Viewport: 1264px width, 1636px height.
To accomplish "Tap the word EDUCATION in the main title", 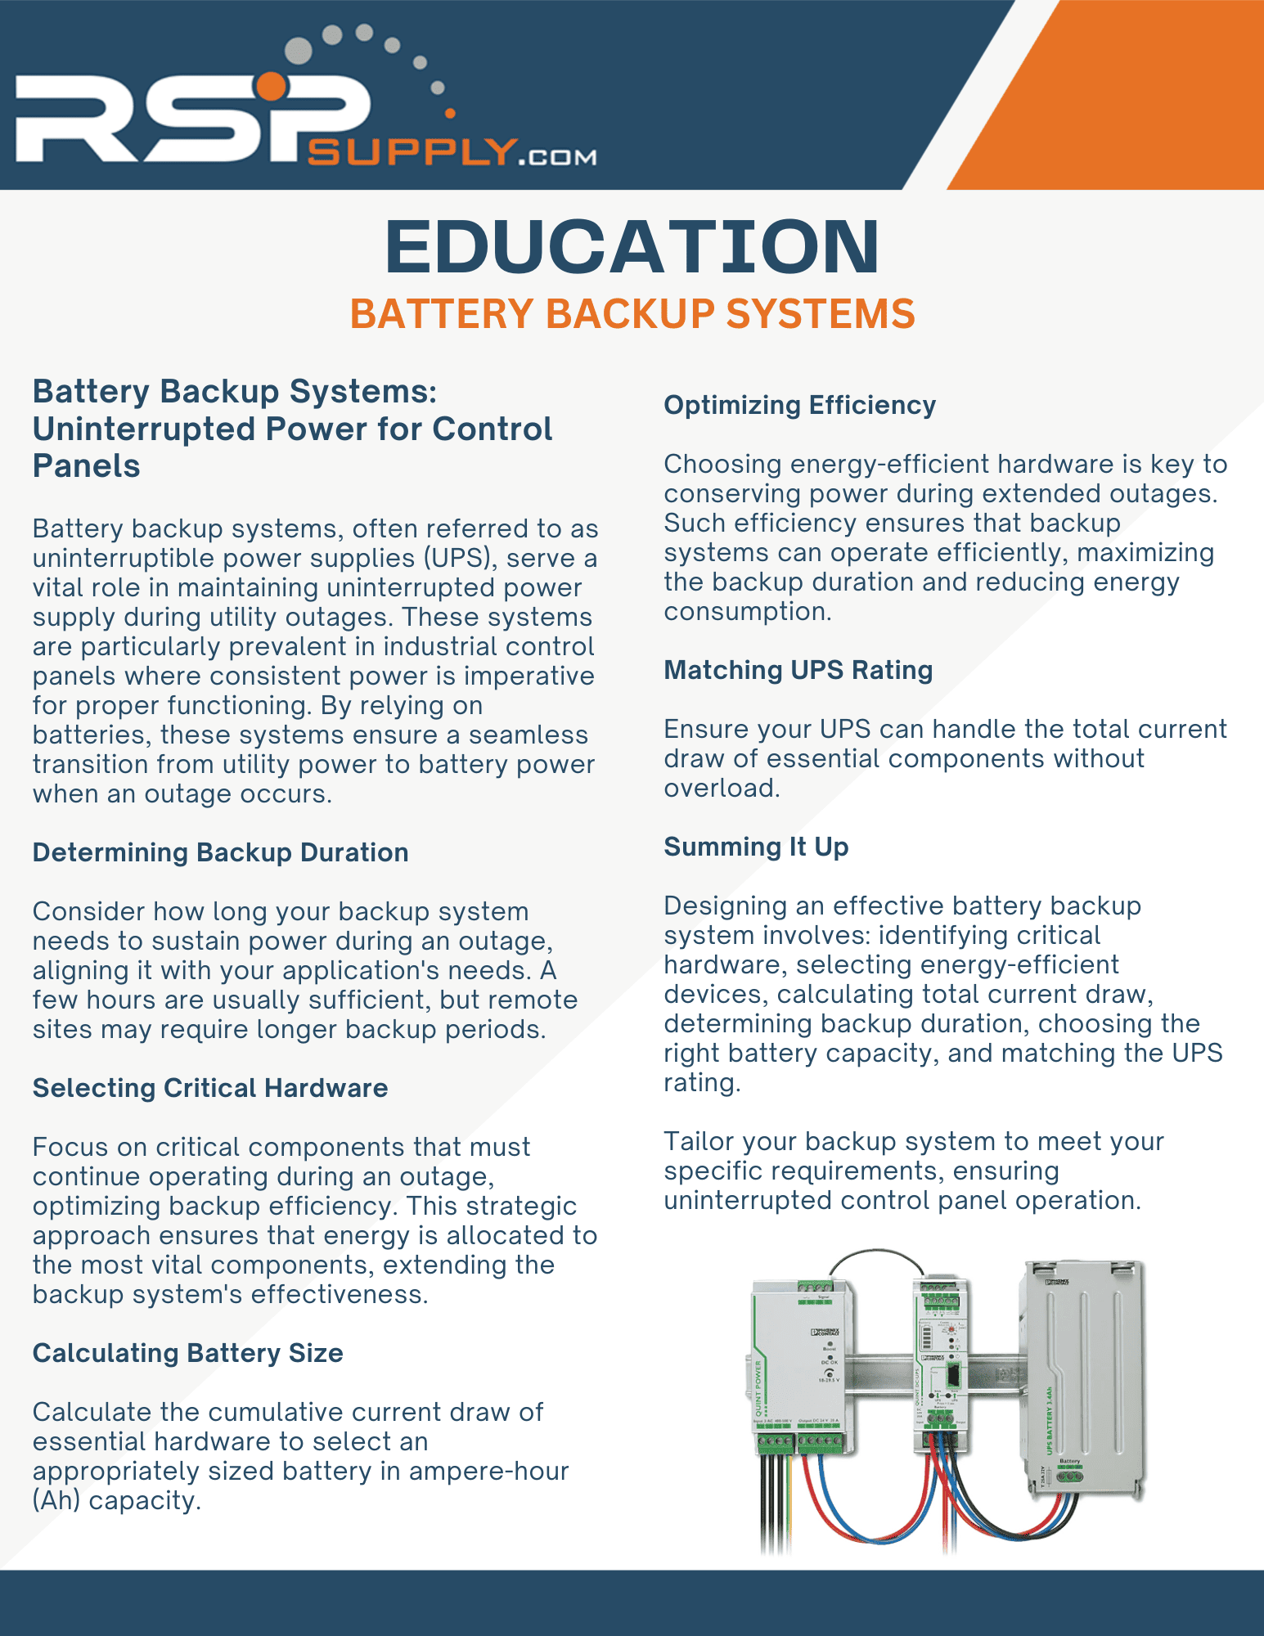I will (x=632, y=246).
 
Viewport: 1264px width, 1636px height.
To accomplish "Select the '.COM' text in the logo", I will (x=558, y=156).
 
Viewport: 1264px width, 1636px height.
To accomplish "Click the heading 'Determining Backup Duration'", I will (x=220, y=852).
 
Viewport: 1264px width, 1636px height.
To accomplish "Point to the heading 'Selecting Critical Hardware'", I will (x=210, y=1088).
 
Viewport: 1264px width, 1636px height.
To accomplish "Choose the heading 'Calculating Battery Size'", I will (x=187, y=1353).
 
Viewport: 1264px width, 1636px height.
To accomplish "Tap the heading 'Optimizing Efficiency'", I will (x=799, y=405).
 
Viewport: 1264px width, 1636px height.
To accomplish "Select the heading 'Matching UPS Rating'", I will (x=798, y=670).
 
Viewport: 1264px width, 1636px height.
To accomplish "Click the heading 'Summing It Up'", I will (x=756, y=847).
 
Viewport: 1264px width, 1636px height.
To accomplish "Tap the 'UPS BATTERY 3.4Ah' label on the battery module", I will (x=1050, y=1420).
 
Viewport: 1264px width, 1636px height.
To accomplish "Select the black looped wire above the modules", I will (x=876, y=1252).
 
